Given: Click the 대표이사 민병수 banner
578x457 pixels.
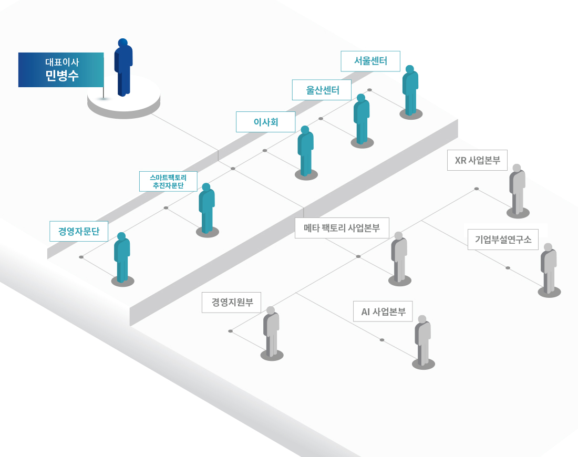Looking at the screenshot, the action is [x=61, y=70].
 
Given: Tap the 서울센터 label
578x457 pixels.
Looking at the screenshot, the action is [x=370, y=61].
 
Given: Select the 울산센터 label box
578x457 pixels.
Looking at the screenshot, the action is [x=322, y=90].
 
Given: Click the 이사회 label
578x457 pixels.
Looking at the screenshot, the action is [x=265, y=122].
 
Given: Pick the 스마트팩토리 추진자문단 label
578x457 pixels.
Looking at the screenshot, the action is [x=168, y=181].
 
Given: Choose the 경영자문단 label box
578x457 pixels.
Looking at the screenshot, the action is [x=79, y=232].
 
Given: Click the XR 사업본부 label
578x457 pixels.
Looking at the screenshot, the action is [x=477, y=160].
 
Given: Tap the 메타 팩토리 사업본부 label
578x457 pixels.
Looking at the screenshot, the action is [x=342, y=228].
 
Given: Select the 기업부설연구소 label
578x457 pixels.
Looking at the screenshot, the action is [x=503, y=240].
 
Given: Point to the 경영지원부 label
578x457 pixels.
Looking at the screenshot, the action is [x=232, y=303].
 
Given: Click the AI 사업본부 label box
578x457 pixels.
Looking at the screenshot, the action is [x=383, y=311].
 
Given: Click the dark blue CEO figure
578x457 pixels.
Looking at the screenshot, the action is [x=123, y=67].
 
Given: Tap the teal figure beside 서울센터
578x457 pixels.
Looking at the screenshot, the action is [x=410, y=91].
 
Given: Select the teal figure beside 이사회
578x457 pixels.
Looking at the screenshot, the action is [x=306, y=151].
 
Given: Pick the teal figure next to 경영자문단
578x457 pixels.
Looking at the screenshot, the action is [x=122, y=257].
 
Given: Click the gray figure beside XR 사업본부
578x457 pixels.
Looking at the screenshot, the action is [x=517, y=190].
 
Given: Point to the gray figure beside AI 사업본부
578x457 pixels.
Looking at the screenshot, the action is [x=423, y=340].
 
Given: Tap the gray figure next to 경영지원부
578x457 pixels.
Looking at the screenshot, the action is [x=271, y=331].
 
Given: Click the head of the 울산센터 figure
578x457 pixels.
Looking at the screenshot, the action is [x=361, y=98].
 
